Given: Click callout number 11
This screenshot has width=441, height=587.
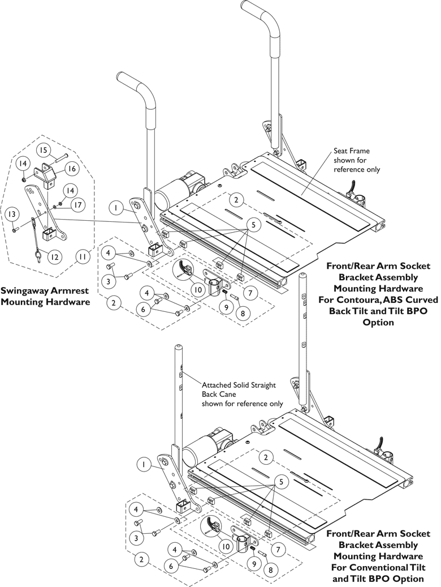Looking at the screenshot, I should pyautogui.click(x=82, y=257).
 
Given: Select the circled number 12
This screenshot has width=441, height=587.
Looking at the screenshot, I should pyautogui.click(x=53, y=257).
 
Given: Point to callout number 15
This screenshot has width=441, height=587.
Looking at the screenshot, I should pyautogui.click(x=44, y=150).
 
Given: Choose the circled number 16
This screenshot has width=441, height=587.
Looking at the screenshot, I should pyautogui.click(x=71, y=169).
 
